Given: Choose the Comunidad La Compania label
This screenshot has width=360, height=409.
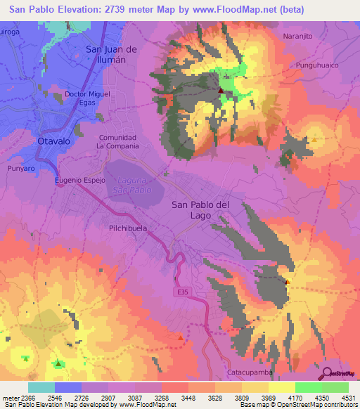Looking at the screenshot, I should click(117, 142).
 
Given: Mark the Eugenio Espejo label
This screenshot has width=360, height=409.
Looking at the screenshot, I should click(79, 181).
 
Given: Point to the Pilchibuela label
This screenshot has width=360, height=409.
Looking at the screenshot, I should click(127, 228).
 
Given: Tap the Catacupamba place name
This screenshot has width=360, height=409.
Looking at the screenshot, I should click(249, 372).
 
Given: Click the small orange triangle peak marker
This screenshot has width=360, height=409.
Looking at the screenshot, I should click(181, 338).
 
